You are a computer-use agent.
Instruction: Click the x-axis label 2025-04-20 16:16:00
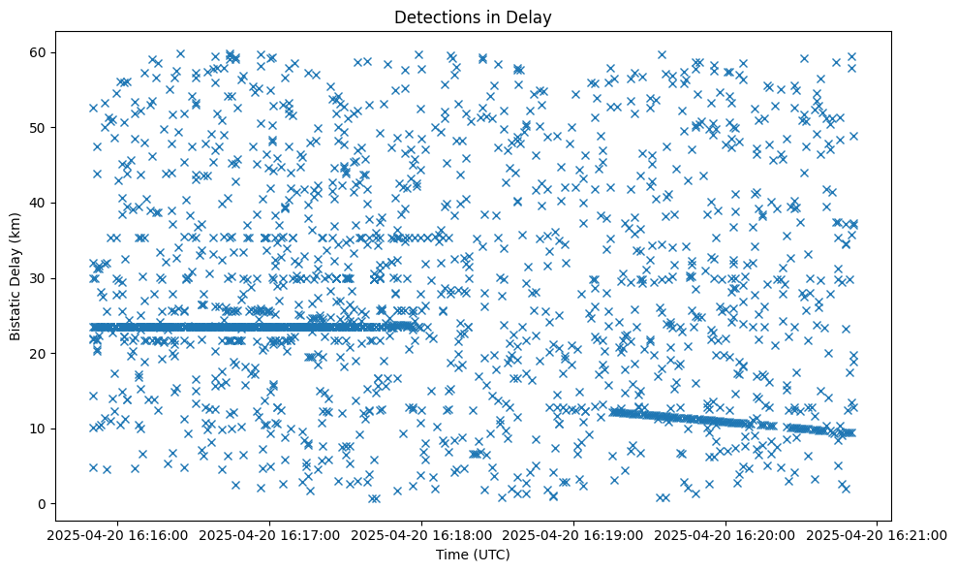coord(118,534)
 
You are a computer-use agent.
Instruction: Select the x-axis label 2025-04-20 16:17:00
coord(270,534)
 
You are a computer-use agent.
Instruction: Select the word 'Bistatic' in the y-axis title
coord(16,314)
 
